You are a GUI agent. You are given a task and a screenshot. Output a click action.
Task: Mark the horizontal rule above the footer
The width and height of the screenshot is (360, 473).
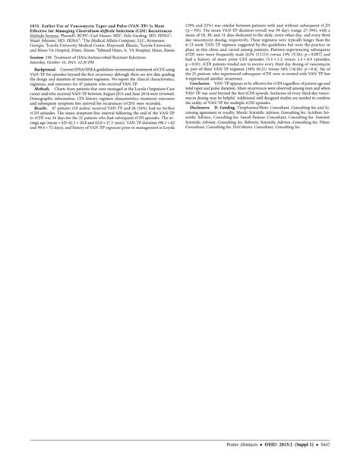coord(180,438)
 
